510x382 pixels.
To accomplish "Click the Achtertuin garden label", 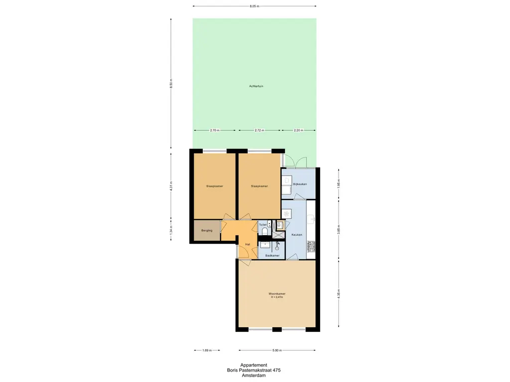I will [x=256, y=87].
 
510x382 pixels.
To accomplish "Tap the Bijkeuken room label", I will [x=300, y=184].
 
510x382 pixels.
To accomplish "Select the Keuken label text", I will [x=297, y=234].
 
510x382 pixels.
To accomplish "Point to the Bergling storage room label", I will [x=207, y=230].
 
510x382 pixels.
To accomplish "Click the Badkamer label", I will [x=272, y=255].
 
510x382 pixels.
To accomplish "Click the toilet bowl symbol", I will [x=264, y=231].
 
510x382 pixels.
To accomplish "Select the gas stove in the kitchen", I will [x=312, y=246].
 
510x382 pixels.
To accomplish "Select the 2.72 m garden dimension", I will [x=259, y=130].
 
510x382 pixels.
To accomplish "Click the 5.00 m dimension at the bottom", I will [x=277, y=350].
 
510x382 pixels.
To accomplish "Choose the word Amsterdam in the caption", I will [x=254, y=376].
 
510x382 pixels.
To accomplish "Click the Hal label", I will [x=248, y=244].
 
